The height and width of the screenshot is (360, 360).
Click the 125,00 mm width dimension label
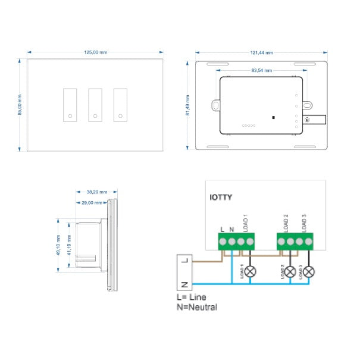pyautogui.click(x=95, y=52)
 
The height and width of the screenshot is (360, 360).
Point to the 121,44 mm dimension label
pyautogui.click(x=262, y=52)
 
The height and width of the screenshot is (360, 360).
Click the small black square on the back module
pyautogui.click(x=273, y=117)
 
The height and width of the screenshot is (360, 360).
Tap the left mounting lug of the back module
pyautogui.click(x=215, y=105)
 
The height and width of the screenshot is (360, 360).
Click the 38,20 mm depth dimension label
pyautogui.click(x=97, y=192)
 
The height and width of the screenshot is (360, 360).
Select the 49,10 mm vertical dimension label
pyautogui.click(x=58, y=245)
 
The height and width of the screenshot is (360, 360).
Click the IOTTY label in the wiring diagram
pyautogui.click(x=221, y=197)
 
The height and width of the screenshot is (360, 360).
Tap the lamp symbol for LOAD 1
pyautogui.click(x=251, y=271)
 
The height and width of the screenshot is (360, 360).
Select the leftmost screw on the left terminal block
pyautogui.click(x=222, y=241)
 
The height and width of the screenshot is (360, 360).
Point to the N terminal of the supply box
pyautogui.click(x=184, y=283)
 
